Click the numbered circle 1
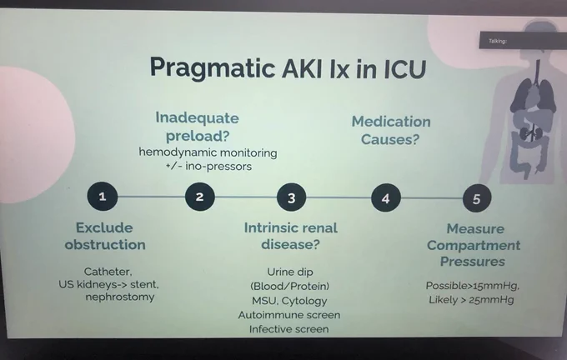pos(103,197)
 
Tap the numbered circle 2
pos(199,197)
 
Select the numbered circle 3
pos(292,198)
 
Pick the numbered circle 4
pos(386,198)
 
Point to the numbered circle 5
pos(477,199)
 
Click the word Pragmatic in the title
pos(213,68)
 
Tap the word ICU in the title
pos(404,69)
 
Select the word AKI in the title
pos(302,68)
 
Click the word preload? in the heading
pos(198,137)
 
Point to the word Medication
pos(391,122)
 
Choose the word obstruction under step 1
pos(105,245)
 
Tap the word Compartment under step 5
pos(474,246)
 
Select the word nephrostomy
pos(120,297)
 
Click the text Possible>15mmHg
pos(472,286)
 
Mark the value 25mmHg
pos(491,300)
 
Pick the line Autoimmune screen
pos(289,315)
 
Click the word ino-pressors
pos(218,167)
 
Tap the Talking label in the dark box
pos(498,41)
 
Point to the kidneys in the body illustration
pos(531,133)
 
